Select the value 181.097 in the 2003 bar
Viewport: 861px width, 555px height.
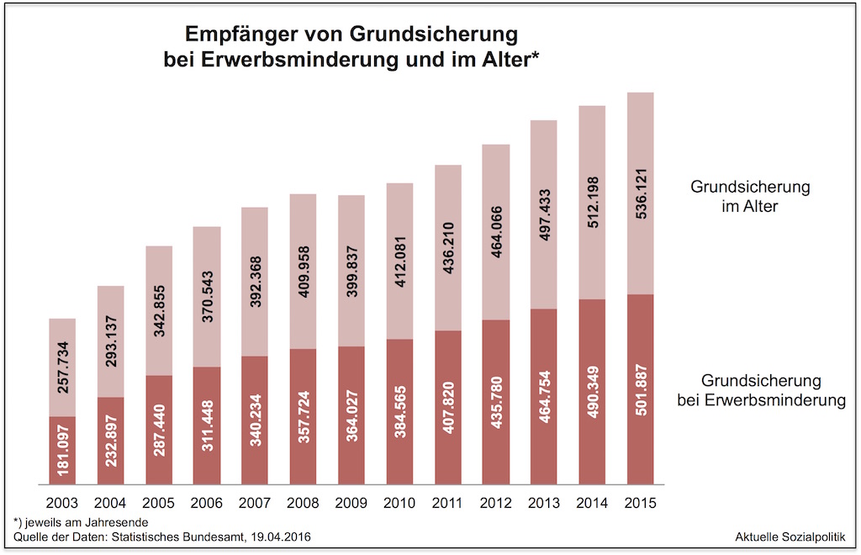pyautogui.click(x=63, y=452)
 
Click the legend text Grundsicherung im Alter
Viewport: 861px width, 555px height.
pyautogui.click(x=750, y=196)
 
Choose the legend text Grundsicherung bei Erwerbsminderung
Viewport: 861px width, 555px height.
pyautogui.click(x=761, y=391)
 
